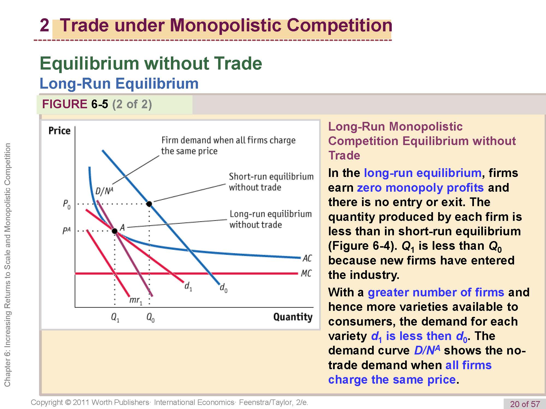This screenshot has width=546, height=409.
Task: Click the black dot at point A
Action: [x=115, y=231]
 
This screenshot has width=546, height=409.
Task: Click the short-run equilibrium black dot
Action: [x=149, y=204]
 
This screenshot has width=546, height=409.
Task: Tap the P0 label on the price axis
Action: [x=67, y=204]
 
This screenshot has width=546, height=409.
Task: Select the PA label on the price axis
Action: [x=66, y=231]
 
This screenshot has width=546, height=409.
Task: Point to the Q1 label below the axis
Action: [x=115, y=317]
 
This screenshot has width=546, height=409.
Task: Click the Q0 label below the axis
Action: [x=150, y=317]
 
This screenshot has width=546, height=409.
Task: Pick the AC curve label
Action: [x=307, y=258]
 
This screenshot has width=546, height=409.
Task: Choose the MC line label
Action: [x=306, y=273]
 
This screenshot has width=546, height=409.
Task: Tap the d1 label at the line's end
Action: [x=188, y=286]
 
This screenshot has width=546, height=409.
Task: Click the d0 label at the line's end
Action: [x=224, y=288]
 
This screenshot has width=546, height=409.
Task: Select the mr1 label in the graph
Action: [x=136, y=300]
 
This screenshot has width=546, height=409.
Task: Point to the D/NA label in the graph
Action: [x=104, y=191]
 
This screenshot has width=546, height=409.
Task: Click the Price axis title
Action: [x=59, y=131]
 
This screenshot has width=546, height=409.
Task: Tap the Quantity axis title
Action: [x=293, y=317]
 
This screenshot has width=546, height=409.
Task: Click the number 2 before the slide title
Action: [x=44, y=25]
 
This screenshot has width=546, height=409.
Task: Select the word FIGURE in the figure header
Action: [x=64, y=104]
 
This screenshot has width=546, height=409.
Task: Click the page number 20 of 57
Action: [x=525, y=404]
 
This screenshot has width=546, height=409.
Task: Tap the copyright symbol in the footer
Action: [x=68, y=402]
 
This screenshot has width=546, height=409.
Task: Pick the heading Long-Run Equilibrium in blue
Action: [x=119, y=83]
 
